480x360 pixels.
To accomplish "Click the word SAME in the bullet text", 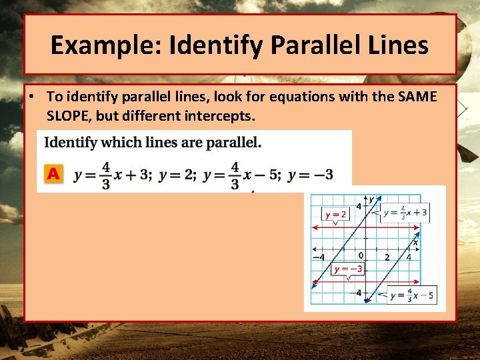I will click(416, 97).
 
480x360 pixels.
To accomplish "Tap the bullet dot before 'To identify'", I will click(32, 97).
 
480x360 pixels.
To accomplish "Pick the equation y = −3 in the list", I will click(310, 175).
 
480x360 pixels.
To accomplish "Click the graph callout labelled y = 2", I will click(335, 214).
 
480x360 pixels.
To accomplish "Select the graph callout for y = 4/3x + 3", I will click(405, 213).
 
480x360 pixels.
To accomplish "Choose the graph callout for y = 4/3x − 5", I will click(412, 295).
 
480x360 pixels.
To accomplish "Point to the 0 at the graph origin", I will click(360, 255).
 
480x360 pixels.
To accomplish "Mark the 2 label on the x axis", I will click(387, 257).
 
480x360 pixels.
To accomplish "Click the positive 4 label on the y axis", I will click(359, 207).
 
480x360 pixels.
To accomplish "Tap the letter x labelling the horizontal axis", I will click(415, 243).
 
